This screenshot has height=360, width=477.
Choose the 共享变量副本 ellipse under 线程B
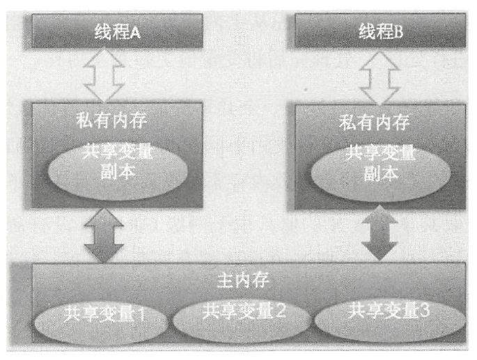pyautogui.click(x=380, y=167)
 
